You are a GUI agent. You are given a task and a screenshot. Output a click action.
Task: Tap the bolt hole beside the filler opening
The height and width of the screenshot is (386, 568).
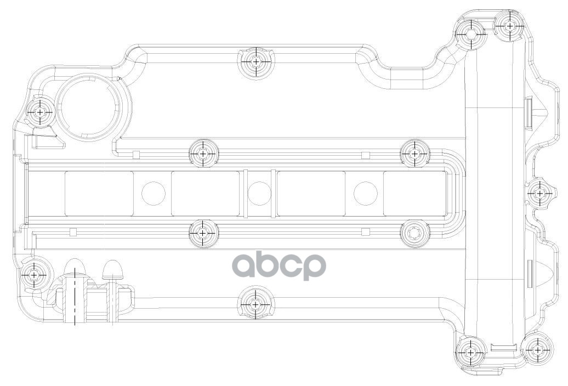coord(40,112)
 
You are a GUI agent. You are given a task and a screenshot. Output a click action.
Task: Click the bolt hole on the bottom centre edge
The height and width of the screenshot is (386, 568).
coord(256,304)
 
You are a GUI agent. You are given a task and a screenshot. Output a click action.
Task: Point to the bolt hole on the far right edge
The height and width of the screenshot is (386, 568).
coord(539,193)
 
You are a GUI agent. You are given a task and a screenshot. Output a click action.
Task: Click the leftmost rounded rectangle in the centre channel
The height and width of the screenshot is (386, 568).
coord(99,193)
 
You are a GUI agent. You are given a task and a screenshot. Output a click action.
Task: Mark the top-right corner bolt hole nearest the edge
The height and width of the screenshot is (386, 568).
coord(510,25)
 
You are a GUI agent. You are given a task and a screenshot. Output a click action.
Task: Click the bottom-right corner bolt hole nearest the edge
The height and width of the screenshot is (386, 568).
coord(538,349)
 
